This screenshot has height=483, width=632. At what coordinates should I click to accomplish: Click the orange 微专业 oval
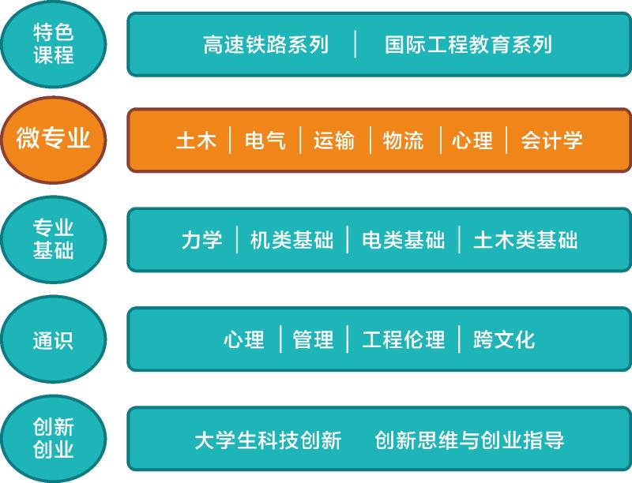click(x=54, y=140)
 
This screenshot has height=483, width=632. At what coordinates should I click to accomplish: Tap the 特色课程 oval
click(x=54, y=44)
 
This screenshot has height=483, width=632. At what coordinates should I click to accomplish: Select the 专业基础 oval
click(x=54, y=239)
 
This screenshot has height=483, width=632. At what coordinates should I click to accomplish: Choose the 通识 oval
click(x=54, y=339)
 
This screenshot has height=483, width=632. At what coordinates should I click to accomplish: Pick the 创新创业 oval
click(x=54, y=439)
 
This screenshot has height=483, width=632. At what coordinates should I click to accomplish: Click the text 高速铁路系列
click(x=265, y=44)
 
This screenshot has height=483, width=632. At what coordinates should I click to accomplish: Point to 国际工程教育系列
click(x=468, y=44)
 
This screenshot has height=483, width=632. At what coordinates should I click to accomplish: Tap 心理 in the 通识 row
click(x=243, y=340)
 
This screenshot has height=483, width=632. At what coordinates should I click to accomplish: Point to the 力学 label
click(x=201, y=240)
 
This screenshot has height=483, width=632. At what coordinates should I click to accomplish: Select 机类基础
click(x=292, y=240)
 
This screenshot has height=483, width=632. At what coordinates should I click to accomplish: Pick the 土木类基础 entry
click(x=525, y=240)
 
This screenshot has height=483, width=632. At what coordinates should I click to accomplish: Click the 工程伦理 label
click(x=403, y=340)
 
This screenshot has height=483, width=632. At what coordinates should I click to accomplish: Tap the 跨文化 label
click(x=504, y=340)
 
